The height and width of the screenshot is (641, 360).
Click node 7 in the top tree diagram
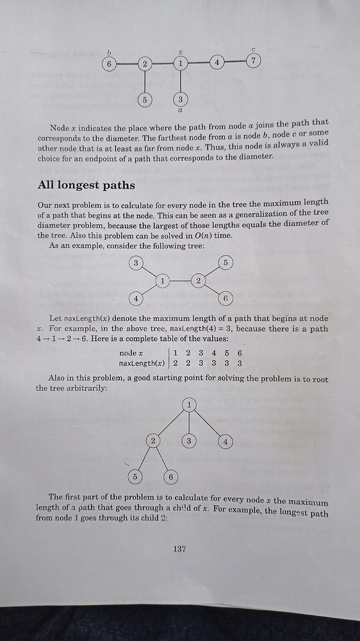[254, 62]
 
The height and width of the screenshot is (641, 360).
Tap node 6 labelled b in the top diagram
[110, 64]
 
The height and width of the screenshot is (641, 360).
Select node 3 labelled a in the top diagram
[181, 99]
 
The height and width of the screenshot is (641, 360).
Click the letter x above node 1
[181, 53]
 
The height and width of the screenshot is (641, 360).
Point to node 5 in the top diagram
[145, 100]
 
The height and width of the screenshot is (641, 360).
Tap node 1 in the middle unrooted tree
[163, 281]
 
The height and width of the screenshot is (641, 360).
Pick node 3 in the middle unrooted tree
[135, 263]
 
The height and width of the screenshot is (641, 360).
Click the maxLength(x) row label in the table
[142, 363]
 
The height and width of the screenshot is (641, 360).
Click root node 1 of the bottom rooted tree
[189, 404]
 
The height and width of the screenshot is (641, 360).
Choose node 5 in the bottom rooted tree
[135, 477]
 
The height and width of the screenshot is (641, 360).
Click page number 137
[179, 548]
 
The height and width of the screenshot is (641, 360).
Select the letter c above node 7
[254, 49]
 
